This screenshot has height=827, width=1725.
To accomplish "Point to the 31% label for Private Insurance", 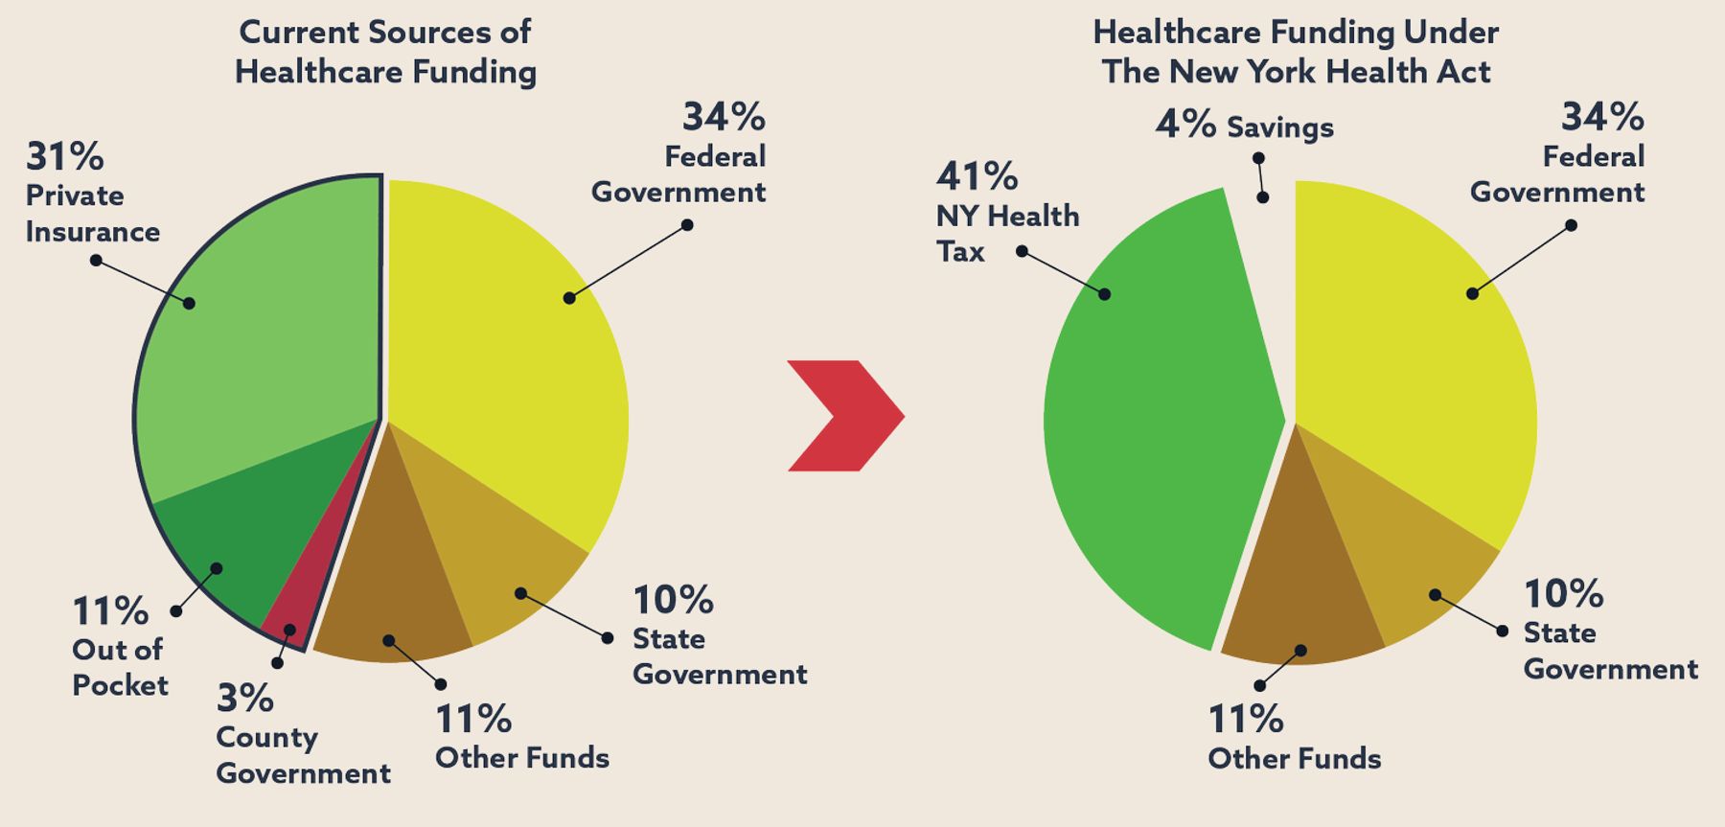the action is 65,156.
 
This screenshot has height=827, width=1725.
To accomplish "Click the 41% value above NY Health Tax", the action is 977,176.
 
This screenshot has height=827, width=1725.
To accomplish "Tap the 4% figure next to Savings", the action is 1184,124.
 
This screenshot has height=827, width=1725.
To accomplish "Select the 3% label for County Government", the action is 245,699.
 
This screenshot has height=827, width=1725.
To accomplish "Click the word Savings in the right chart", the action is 1280,126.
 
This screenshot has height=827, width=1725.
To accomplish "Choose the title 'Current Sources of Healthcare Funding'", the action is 385,52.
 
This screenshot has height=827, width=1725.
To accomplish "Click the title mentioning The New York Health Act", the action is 1296,52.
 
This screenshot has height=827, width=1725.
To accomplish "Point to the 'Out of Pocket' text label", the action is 120,667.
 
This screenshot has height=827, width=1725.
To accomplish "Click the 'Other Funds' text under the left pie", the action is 522,758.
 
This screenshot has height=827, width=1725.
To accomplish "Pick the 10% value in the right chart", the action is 1563,594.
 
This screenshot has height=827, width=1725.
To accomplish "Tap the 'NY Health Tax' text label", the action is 1007,234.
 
